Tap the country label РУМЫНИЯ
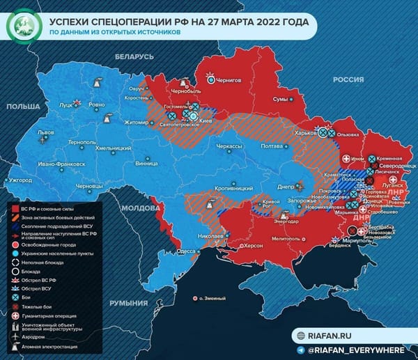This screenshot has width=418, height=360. pos(131,304)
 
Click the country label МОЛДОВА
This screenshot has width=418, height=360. pos(141,208)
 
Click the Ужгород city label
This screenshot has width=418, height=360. pos(21,180)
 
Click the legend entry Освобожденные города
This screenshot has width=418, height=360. pos(55,245)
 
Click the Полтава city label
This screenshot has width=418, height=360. pos(271,146)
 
